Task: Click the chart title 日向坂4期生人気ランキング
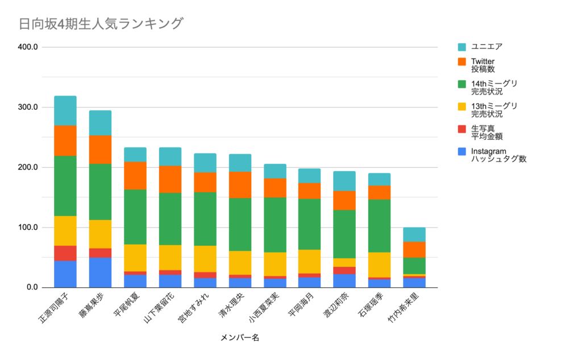tap(101, 24)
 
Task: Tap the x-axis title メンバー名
tap(239, 338)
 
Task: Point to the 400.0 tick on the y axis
tap(27, 47)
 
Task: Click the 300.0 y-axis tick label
tap(27, 107)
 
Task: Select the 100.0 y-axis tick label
tap(27, 227)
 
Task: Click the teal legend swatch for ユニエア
tap(462, 47)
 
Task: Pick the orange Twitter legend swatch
tap(462, 61)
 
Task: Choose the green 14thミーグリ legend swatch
tap(462, 84)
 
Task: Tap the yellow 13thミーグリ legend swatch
tap(462, 106)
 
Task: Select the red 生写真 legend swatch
tap(462, 129)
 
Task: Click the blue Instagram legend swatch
tap(462, 151)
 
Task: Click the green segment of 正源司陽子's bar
tap(65, 185)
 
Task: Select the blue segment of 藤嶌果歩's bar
tap(100, 272)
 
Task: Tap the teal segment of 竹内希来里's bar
tap(414, 234)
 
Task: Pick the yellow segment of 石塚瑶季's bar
tap(379, 264)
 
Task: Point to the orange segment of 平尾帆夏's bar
tap(135, 175)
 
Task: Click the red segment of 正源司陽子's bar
tap(65, 253)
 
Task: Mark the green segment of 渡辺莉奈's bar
tap(344, 234)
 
